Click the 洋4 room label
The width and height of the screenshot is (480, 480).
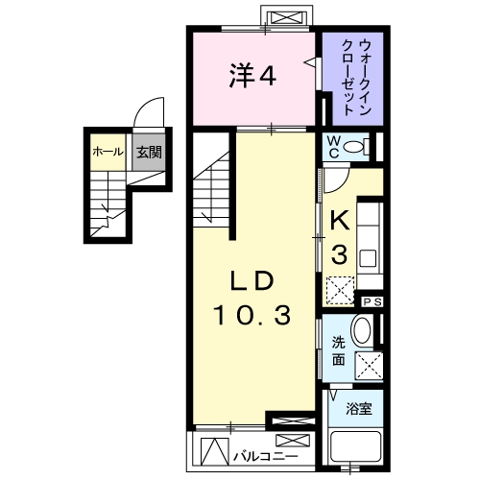tap(252, 77)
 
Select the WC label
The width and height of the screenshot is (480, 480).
tap(333, 147)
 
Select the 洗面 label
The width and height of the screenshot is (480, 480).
tap(339, 352)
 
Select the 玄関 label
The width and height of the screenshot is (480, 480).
tap(146, 152)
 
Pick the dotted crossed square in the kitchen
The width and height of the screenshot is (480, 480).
tap(339, 288)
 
